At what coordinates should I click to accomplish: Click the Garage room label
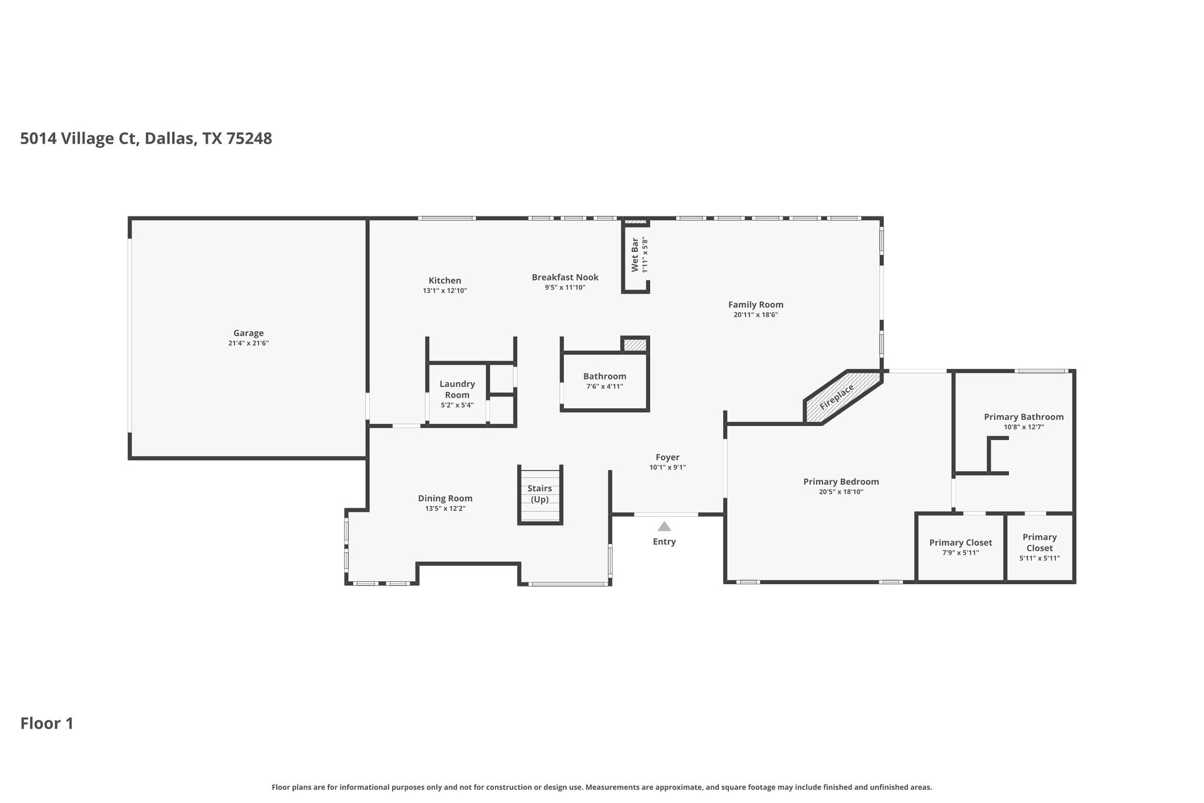click(x=248, y=333)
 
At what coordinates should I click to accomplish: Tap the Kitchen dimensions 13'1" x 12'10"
click(x=444, y=291)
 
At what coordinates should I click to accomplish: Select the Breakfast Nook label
click(x=565, y=277)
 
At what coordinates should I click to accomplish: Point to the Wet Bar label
click(x=635, y=255)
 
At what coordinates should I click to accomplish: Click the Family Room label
click(x=755, y=305)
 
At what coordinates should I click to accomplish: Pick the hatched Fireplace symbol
click(x=841, y=396)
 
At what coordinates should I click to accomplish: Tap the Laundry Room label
click(x=457, y=389)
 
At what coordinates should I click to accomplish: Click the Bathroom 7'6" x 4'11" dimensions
click(x=604, y=386)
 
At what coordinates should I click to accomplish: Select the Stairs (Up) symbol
click(x=540, y=494)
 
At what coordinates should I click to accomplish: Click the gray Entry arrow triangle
click(x=664, y=527)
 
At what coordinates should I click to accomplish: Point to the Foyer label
click(x=667, y=457)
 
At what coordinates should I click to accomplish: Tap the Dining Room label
click(x=445, y=498)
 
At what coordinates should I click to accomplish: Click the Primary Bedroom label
click(x=841, y=482)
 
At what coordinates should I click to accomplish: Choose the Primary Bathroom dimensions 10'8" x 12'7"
click(x=1024, y=427)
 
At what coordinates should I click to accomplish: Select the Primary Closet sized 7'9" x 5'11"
click(x=960, y=547)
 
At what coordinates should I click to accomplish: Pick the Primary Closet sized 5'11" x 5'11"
click(x=1039, y=547)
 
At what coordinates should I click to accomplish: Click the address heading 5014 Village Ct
click(x=146, y=139)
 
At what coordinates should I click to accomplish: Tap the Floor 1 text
click(x=47, y=724)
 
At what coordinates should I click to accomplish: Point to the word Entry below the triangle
click(x=664, y=542)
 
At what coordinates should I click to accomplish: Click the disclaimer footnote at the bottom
click(x=601, y=787)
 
